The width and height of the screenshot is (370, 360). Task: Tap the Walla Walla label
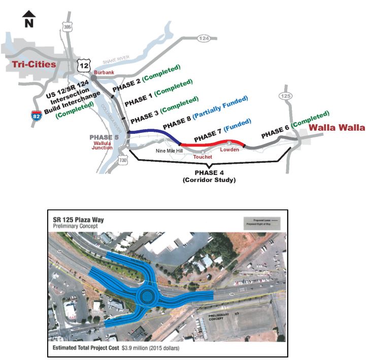tap(337, 128)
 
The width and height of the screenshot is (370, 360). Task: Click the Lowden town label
tap(229, 150)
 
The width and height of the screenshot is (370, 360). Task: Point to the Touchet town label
tap(203, 157)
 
